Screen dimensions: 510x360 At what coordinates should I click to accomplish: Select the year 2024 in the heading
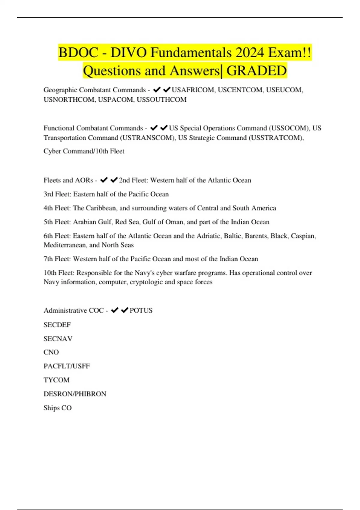point(251,53)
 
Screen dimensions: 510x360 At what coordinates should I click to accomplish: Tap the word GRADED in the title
point(256,71)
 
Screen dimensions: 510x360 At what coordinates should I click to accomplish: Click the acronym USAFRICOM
point(193,90)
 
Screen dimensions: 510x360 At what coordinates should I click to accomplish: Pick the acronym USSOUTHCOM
point(161,100)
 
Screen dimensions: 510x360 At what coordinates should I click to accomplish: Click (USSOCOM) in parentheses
point(289,128)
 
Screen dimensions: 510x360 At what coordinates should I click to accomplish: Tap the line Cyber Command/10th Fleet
point(84,151)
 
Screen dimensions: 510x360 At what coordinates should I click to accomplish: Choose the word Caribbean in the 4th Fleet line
point(100,208)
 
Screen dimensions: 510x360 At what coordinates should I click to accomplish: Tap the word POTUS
point(141,310)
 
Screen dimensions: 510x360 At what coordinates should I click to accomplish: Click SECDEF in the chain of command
point(57,325)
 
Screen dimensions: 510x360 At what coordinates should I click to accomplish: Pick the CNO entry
point(51,352)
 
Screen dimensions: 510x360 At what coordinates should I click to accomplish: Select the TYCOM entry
point(56,380)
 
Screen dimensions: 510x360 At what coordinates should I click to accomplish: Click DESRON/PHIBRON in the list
point(75,394)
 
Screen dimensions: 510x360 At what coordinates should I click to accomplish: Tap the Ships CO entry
point(57,408)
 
